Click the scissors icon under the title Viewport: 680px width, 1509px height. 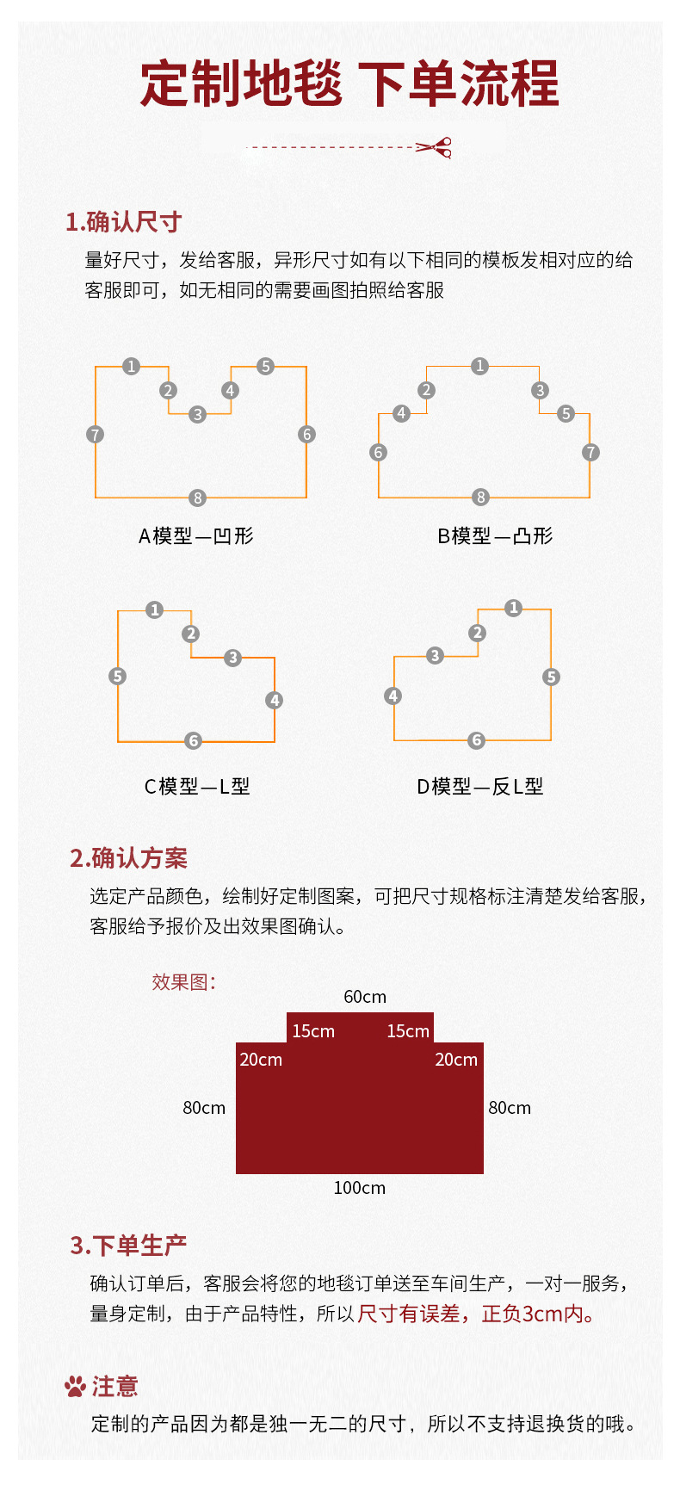(436, 148)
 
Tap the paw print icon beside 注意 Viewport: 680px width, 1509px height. (76, 1387)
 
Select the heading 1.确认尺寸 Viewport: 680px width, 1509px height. (123, 222)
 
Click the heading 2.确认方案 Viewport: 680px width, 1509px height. (128, 858)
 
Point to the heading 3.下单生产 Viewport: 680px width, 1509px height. (128, 1246)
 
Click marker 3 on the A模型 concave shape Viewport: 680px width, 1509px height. (198, 415)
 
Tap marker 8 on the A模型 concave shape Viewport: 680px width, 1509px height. (198, 498)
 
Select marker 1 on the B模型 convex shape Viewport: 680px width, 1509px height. (480, 366)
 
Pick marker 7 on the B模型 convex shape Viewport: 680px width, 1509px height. (590, 452)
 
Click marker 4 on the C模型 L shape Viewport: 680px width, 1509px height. (275, 700)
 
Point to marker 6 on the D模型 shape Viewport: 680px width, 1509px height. (477, 740)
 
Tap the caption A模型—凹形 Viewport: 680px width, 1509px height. (196, 536)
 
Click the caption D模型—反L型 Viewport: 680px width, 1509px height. (480, 787)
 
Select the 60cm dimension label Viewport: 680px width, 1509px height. (365, 997)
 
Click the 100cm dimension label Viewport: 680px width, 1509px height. (360, 1188)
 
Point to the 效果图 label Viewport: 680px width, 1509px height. (183, 982)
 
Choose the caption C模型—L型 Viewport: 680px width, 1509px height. (197, 787)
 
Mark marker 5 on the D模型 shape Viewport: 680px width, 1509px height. (552, 677)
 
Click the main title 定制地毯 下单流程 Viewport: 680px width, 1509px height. (349, 83)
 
